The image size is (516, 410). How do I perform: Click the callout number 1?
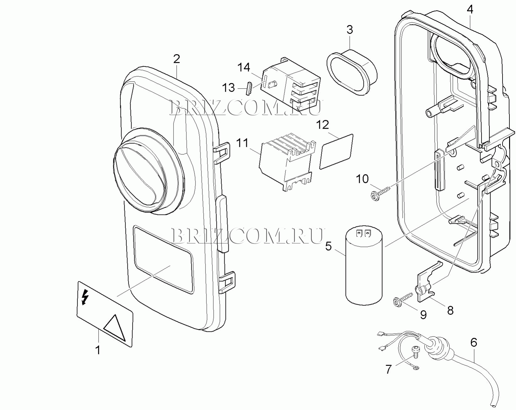tap(98, 350)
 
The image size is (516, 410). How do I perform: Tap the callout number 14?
tap(244, 67)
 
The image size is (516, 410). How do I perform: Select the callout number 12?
tap(322, 125)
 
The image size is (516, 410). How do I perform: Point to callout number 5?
tap(328, 247)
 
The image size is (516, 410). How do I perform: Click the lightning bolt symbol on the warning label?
tap(84, 297)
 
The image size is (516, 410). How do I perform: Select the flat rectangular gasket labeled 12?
tap(336, 152)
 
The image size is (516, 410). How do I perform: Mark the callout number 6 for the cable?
tap(473, 342)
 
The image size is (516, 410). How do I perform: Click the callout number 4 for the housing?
tap(470, 9)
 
